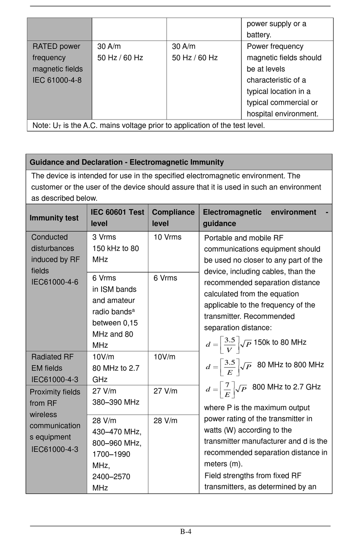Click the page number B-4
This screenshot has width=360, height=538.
(x=186, y=531)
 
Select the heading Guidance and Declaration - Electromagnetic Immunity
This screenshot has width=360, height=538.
(x=127, y=162)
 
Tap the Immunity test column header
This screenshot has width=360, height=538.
(x=54, y=218)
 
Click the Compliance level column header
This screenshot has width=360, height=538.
(x=173, y=218)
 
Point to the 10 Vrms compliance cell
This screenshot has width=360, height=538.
(x=167, y=237)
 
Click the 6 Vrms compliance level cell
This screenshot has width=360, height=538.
(x=165, y=278)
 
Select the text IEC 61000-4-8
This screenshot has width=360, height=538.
(x=57, y=80)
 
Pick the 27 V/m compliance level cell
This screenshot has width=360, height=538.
(x=165, y=391)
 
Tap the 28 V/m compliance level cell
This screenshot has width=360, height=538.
(x=165, y=420)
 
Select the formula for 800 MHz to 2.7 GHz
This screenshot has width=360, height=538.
(x=226, y=389)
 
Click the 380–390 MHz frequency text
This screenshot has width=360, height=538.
(x=116, y=402)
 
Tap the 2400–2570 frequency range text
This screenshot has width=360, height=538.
(x=111, y=477)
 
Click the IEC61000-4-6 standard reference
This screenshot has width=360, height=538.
(x=55, y=282)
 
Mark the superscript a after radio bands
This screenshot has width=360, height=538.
(x=133, y=310)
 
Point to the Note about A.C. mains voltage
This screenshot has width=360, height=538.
(x=149, y=125)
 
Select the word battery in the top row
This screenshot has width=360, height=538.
(x=259, y=35)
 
